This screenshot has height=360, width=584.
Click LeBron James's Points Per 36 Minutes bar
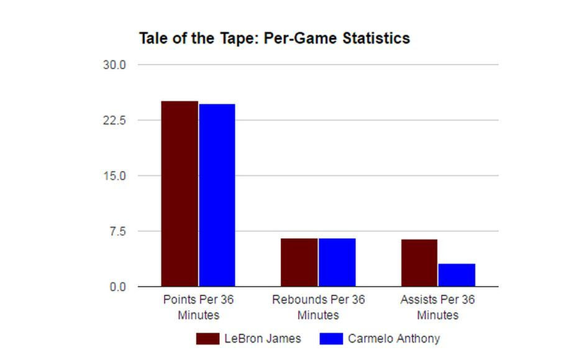click(180, 193)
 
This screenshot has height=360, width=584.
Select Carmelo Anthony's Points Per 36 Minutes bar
click(217, 195)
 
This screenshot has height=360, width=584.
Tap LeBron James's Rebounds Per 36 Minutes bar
click(299, 262)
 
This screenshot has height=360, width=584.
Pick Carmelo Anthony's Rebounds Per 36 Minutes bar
click(337, 262)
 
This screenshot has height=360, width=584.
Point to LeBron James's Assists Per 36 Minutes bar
click(419, 263)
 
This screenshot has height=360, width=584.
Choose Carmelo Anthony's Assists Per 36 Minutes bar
click(457, 275)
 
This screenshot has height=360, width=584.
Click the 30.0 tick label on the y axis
click(114, 65)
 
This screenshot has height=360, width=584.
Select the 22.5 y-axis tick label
click(114, 120)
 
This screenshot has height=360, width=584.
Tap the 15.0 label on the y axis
click(114, 176)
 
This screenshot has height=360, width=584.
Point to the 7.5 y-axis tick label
click(117, 231)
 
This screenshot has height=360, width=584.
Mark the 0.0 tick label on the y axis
click(117, 287)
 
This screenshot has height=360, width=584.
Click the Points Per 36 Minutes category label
click(198, 307)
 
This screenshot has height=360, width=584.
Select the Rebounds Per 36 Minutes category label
click(318, 307)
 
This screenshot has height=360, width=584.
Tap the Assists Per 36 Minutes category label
click(437, 307)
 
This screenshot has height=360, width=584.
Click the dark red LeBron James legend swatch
click(208, 339)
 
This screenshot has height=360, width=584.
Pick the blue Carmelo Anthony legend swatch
click(331, 339)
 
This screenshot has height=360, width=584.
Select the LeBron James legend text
click(262, 339)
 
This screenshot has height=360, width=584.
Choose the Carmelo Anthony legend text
click(393, 339)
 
